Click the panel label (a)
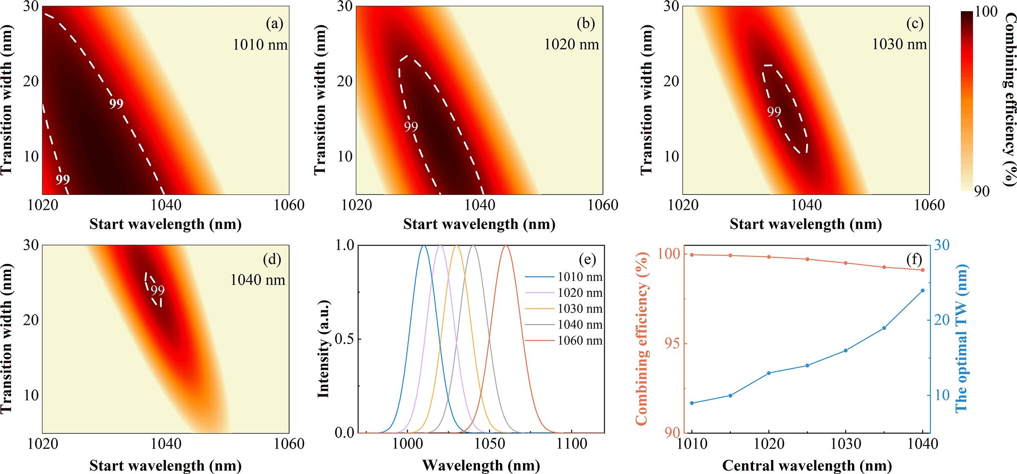[274, 23]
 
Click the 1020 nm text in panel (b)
[571, 44]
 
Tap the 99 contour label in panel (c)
[774, 112]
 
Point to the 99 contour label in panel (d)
[158, 290]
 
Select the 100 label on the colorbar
[986, 12]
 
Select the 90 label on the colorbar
[982, 191]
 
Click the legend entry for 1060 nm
[580, 341]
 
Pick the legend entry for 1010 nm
[580, 277]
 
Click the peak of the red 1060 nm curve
[506, 246]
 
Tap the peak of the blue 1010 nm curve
[424, 246]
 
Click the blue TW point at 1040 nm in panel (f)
[922, 291]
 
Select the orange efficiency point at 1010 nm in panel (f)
[692, 255]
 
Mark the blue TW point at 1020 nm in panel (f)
[769, 373]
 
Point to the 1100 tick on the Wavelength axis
[572, 444]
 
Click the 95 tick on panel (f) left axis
[672, 344]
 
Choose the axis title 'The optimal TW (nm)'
[961, 338]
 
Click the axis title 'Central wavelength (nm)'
[807, 465]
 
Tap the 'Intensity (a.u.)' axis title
[324, 348]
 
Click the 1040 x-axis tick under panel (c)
[806, 205]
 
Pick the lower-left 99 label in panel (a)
[63, 179]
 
